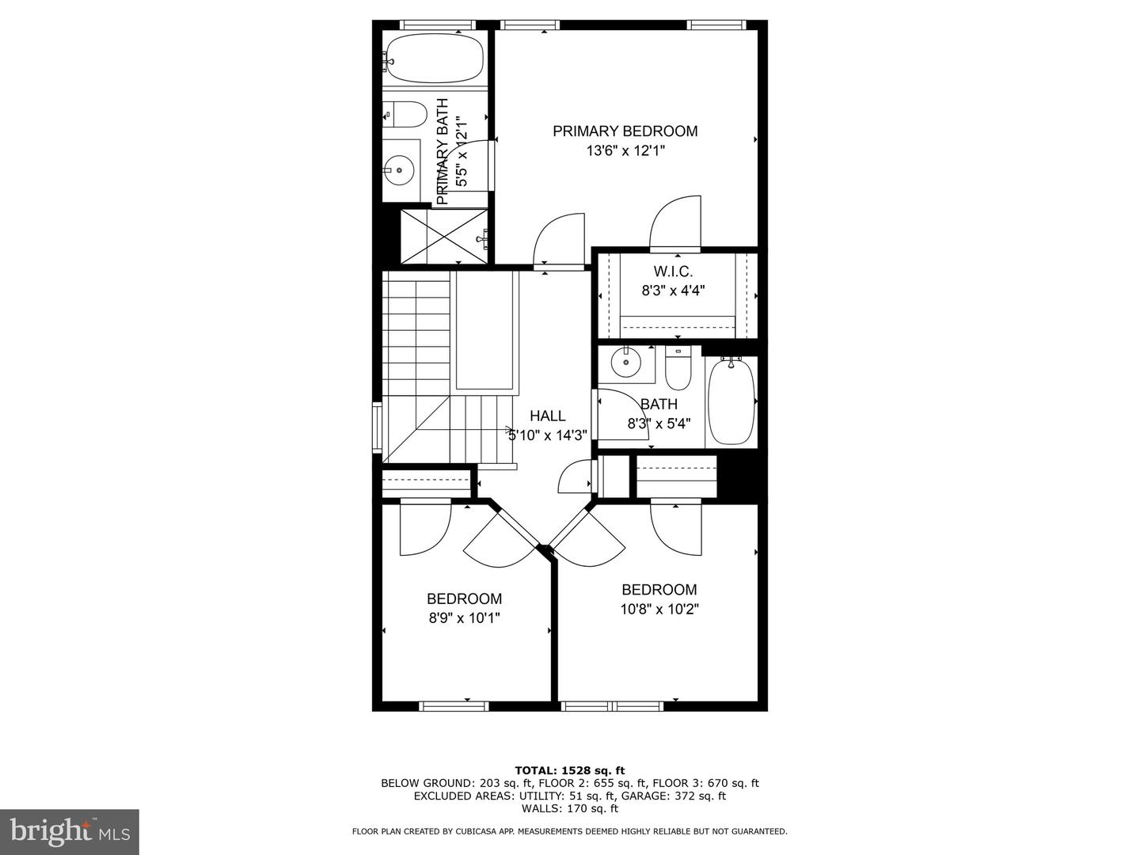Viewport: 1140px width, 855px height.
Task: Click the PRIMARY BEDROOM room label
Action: (625, 131)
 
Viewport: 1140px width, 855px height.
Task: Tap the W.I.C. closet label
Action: (673, 272)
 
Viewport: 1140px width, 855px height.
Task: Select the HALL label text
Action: (547, 416)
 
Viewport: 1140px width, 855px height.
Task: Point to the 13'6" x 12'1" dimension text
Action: (625, 151)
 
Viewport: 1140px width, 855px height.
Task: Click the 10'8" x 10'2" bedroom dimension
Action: (659, 609)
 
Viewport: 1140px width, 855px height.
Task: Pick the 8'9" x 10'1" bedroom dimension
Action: (464, 618)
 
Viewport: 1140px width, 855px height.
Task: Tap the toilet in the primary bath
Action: (405, 115)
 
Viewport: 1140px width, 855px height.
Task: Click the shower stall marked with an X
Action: (445, 237)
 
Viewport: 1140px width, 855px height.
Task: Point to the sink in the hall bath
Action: (625, 363)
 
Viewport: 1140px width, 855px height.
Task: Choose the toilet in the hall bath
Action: (678, 369)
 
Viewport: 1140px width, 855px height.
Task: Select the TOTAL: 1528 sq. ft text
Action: (570, 770)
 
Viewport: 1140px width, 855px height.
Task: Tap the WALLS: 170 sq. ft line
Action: (570, 808)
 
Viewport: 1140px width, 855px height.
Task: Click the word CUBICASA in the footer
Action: (464, 831)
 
